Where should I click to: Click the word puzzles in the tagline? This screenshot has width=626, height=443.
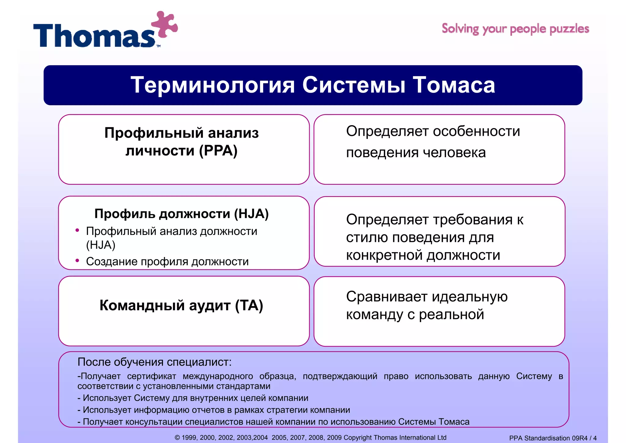click(569, 29)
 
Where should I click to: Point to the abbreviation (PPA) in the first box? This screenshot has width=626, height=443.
click(218, 151)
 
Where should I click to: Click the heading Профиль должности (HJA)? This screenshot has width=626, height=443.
click(182, 214)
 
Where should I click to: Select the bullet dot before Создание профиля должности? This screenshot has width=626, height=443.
click(77, 261)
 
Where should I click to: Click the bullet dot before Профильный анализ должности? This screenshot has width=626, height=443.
click(77, 230)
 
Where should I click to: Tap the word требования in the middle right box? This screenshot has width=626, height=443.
click(473, 220)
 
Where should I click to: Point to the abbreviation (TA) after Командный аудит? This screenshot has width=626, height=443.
click(249, 305)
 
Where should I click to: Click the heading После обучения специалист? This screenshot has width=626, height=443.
click(155, 362)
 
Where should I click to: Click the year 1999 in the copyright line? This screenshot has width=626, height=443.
click(189, 437)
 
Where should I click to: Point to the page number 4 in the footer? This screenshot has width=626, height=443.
click(595, 438)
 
